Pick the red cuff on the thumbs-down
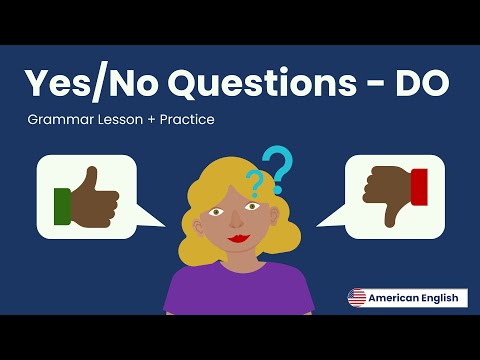[x=419, y=187]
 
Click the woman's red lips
[x=238, y=240]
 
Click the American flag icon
[x=357, y=298]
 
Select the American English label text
[x=413, y=298]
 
